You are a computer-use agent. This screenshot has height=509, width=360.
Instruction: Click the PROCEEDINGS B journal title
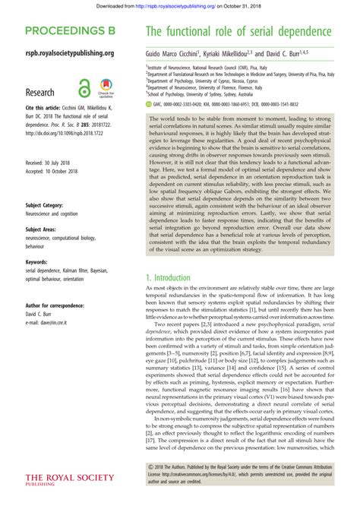tap(70, 32)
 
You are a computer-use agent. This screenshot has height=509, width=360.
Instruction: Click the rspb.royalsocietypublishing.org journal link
tap(70, 53)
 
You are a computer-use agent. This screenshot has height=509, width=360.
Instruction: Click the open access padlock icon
tap(84, 87)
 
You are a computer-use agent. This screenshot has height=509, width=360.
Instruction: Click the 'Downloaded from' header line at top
tap(180, 7)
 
